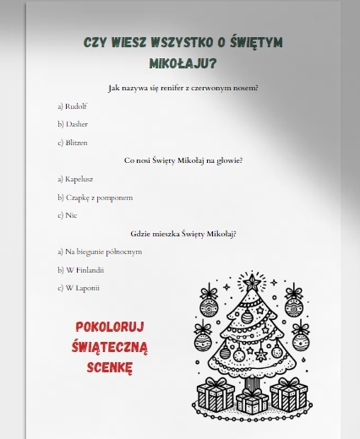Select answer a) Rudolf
pos(73,106)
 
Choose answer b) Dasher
pos(73,124)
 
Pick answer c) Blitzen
pos(74,143)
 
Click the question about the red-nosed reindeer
pos(183,88)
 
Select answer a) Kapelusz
pos(77,179)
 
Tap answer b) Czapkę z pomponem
pos(95,198)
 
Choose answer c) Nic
pos(68,215)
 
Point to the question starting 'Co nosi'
pos(183,160)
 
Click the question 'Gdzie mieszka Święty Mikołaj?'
pos(183,233)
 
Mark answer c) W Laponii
pos(79,288)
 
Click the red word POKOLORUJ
pos(111,327)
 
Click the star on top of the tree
pos(251,281)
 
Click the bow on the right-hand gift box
pos(289,382)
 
